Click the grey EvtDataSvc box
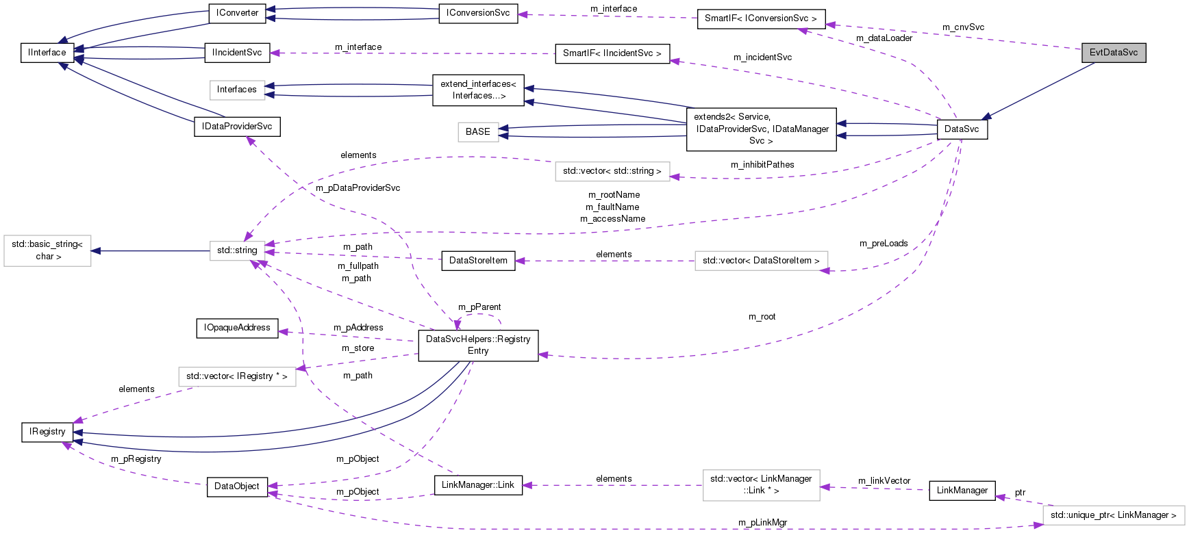(1113, 53)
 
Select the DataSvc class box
(962, 129)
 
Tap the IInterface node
(47, 53)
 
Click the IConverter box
(237, 13)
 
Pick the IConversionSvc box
(478, 13)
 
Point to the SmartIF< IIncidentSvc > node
(612, 53)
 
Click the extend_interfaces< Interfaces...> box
(478, 90)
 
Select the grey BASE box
(477, 132)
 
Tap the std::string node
(237, 250)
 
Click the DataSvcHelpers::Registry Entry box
(478, 345)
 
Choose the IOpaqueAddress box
(237, 328)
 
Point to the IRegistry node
(47, 432)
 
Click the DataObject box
(237, 486)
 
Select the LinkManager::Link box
(478, 485)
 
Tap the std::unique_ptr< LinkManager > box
(1113, 515)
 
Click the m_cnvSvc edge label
(963, 27)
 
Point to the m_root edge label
(762, 317)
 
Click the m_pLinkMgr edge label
(762, 523)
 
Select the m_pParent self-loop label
(479, 307)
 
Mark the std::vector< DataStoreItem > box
(761, 261)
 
